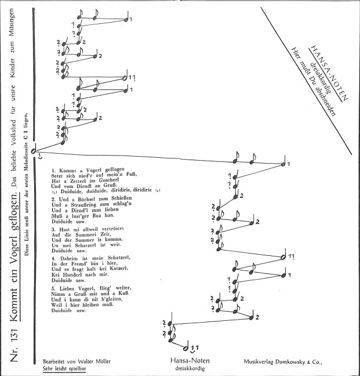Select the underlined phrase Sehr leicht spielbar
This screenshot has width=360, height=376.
pos(64,368)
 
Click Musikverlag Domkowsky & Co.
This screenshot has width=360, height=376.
pos(283,362)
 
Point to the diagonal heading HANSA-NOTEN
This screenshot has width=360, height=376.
pos(329,73)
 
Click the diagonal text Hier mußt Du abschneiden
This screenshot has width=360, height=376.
pos(313,82)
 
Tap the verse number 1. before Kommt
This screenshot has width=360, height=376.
pos(54,171)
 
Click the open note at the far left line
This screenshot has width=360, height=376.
pos(34,150)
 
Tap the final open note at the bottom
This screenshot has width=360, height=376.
pos(186,348)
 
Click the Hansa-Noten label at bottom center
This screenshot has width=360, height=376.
pos(190,361)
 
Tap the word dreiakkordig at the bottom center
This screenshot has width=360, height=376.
pos(190,368)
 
